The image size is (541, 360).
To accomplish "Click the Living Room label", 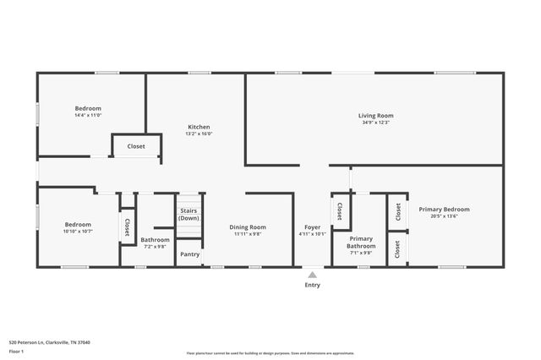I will coord(375,116).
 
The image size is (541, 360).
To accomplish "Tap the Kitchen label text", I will coord(199,127).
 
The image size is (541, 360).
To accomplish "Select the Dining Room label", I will coord(248,226).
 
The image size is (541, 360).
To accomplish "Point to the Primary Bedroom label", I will coord(444,209).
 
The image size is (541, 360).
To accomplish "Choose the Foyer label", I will coord(312,226).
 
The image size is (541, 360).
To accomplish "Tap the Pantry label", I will coord(190,254).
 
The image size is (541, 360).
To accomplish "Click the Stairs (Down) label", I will coord(189,215).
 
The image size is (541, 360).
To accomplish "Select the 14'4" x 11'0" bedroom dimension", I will coord(88,115).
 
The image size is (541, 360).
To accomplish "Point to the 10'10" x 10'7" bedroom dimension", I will coord(78,231).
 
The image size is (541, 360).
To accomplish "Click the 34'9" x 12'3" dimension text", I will coord(375,123).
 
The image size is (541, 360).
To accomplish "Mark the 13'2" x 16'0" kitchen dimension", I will coord(199,134).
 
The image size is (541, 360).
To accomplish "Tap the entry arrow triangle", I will coord(313,274).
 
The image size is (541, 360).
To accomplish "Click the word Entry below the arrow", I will coord(313,285).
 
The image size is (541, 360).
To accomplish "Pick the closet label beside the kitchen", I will coord(136,146).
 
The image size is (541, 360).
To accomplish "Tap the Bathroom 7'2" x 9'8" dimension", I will coord(155,247).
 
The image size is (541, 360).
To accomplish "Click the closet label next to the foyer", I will coord(340,210).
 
